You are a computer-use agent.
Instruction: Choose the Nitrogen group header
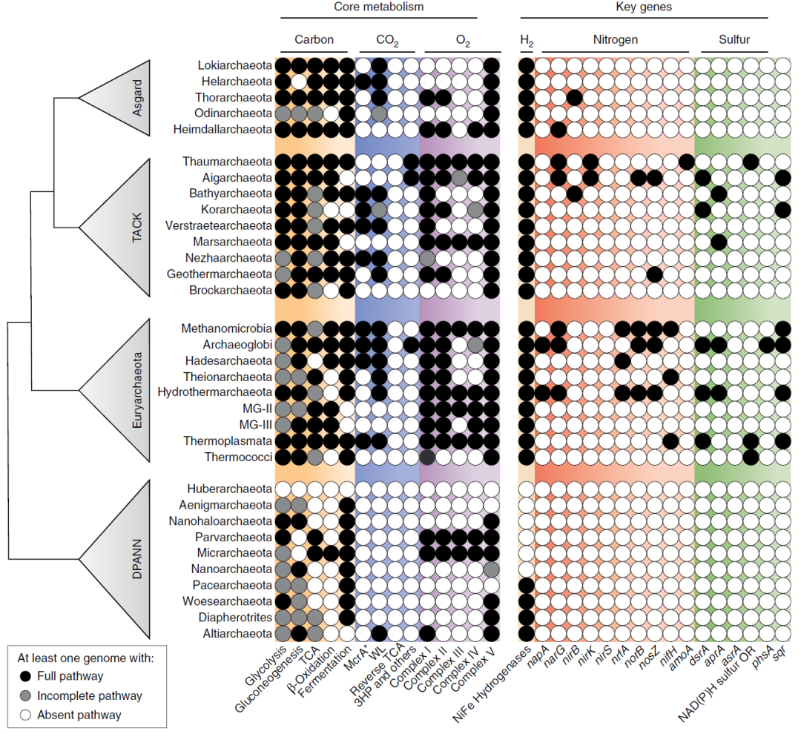[x=615, y=39]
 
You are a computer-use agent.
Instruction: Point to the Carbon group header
[x=314, y=39]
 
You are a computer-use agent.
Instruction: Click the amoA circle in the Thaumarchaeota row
[x=686, y=162]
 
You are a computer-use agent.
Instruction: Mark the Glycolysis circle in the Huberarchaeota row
[x=282, y=489]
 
